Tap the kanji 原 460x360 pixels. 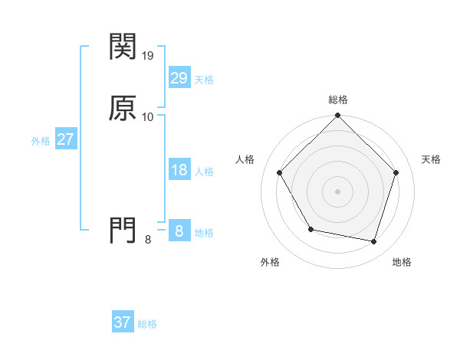123,108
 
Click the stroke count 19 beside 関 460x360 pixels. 149,56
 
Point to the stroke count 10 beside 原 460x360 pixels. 148,117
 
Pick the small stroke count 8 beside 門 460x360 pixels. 148,240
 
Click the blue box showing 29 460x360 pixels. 179,79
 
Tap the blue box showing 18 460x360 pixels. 179,171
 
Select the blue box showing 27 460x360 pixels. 65,140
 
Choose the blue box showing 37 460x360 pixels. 123,323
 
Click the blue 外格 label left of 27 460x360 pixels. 41,141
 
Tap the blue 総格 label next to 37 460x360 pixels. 147,324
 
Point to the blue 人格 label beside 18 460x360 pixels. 204,172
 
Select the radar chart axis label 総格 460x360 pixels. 338,100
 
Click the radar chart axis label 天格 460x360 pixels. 431,159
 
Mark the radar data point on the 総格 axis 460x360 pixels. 338,116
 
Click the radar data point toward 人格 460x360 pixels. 280,172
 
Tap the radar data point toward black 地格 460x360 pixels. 373,241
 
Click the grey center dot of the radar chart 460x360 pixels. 338,191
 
